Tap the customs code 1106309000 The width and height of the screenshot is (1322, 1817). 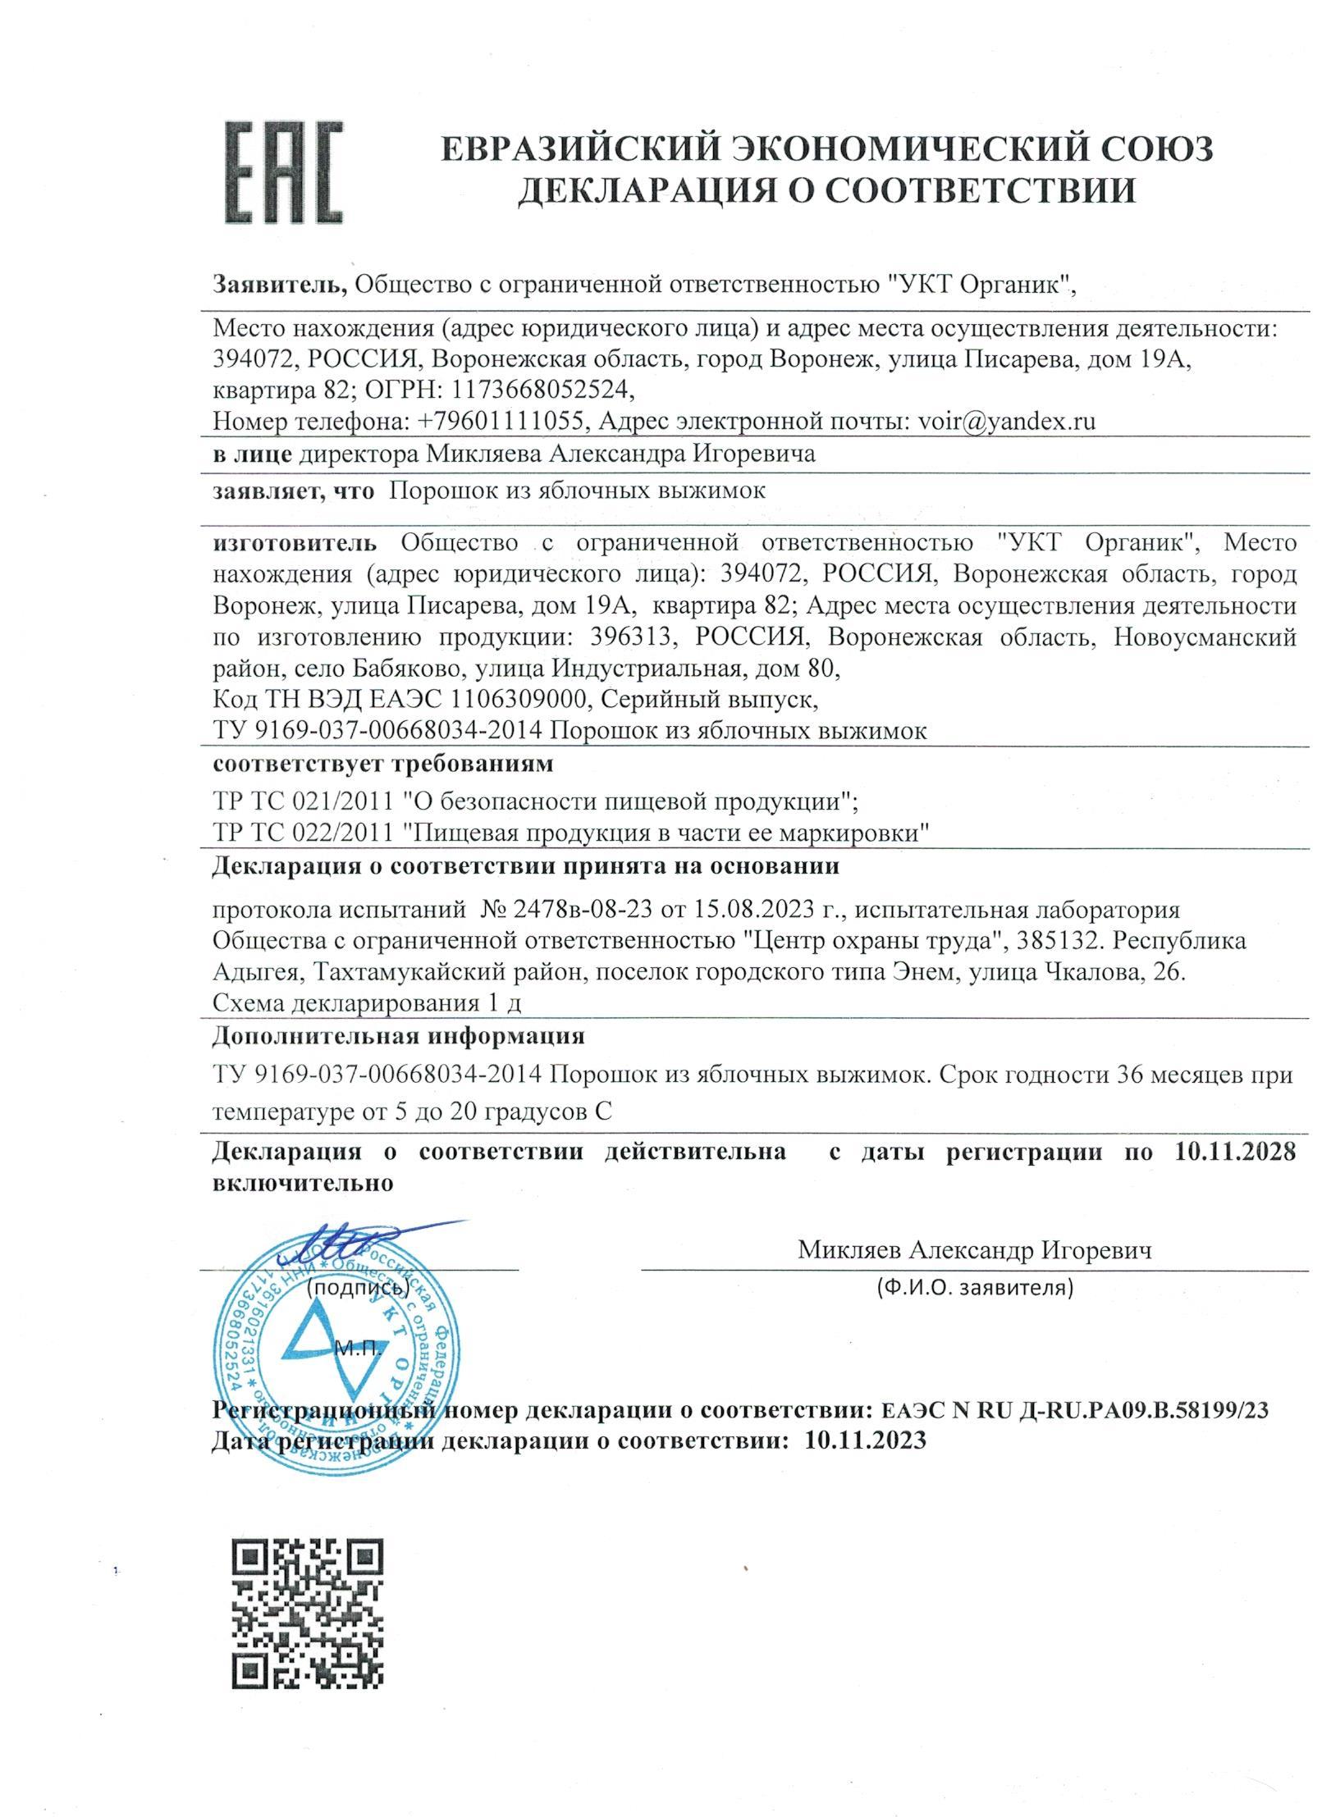click(516, 700)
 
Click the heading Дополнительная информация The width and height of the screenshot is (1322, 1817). click(398, 1036)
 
